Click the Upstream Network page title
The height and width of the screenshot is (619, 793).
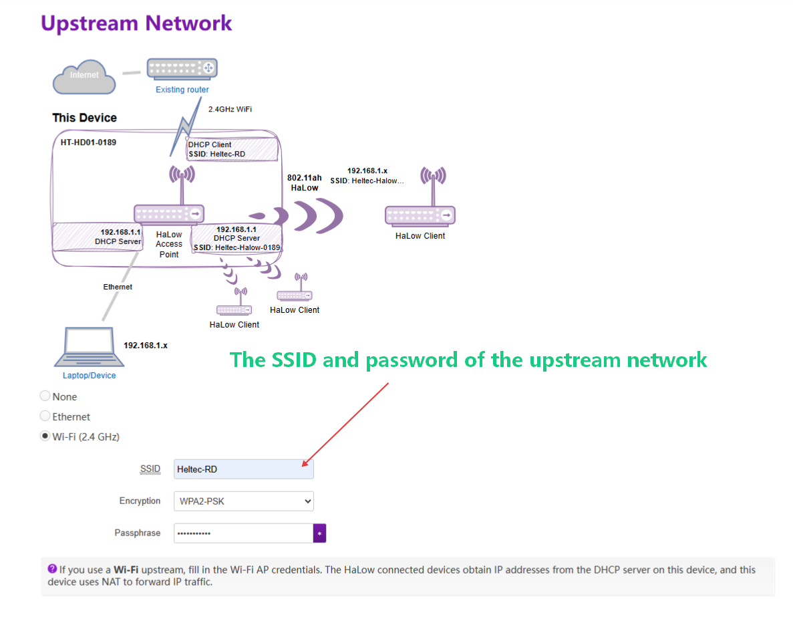[136, 23]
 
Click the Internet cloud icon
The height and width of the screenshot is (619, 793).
[84, 76]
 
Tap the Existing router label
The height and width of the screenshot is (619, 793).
[182, 90]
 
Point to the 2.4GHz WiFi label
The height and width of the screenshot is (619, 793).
[230, 109]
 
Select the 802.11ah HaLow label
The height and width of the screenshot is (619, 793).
[304, 182]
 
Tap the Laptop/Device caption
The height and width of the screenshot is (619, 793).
[89, 376]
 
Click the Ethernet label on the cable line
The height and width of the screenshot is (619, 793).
[118, 287]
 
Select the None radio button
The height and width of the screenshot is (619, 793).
[45, 396]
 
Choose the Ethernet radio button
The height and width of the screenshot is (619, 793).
[45, 416]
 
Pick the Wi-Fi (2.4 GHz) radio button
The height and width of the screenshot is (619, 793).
[45, 436]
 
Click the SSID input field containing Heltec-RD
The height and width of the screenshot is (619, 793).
[243, 469]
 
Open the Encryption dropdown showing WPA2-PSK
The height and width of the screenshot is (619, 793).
[243, 501]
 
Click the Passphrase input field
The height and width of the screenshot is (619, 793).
[243, 533]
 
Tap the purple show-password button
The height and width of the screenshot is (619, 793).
[319, 533]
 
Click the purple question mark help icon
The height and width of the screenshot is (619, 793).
[52, 569]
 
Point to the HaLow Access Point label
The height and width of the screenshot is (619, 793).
[169, 244]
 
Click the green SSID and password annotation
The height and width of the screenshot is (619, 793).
[468, 360]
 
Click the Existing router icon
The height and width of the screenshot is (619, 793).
[182, 68]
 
